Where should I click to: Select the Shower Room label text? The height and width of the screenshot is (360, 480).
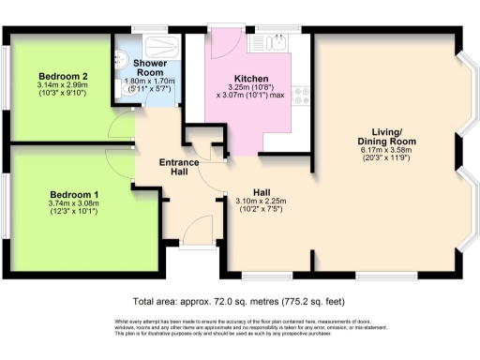point(151,67)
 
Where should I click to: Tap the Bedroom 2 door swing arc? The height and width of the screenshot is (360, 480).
point(118,127)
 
